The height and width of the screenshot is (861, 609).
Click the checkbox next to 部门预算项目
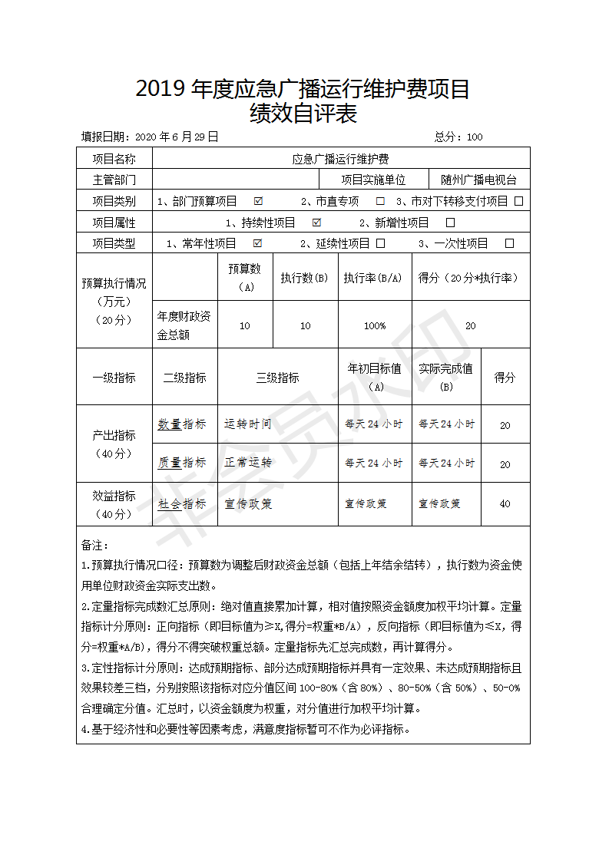[258, 201]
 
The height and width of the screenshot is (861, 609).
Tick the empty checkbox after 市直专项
[380, 201]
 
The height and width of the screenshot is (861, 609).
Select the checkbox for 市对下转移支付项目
[519, 201]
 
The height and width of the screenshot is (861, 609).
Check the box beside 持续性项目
[316, 223]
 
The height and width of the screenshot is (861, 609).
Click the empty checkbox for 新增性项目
[451, 223]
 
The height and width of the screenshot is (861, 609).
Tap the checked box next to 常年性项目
[258, 243]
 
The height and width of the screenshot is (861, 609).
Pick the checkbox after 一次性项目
[509, 243]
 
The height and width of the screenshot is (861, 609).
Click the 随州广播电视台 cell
[478, 180]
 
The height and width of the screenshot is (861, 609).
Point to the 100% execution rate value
[375, 325]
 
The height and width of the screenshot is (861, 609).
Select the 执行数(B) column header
[305, 278]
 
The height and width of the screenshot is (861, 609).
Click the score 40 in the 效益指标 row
[505, 504]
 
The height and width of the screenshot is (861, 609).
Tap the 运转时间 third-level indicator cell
[247, 424]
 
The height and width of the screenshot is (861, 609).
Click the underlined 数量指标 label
[182, 424]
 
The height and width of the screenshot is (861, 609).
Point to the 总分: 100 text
[458, 137]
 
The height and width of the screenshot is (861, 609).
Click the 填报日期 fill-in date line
[151, 137]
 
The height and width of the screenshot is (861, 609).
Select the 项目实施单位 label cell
[373, 180]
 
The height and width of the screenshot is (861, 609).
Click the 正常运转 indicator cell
[247, 463]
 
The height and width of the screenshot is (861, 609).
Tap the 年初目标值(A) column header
[375, 377]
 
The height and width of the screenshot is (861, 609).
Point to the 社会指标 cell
[182, 504]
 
